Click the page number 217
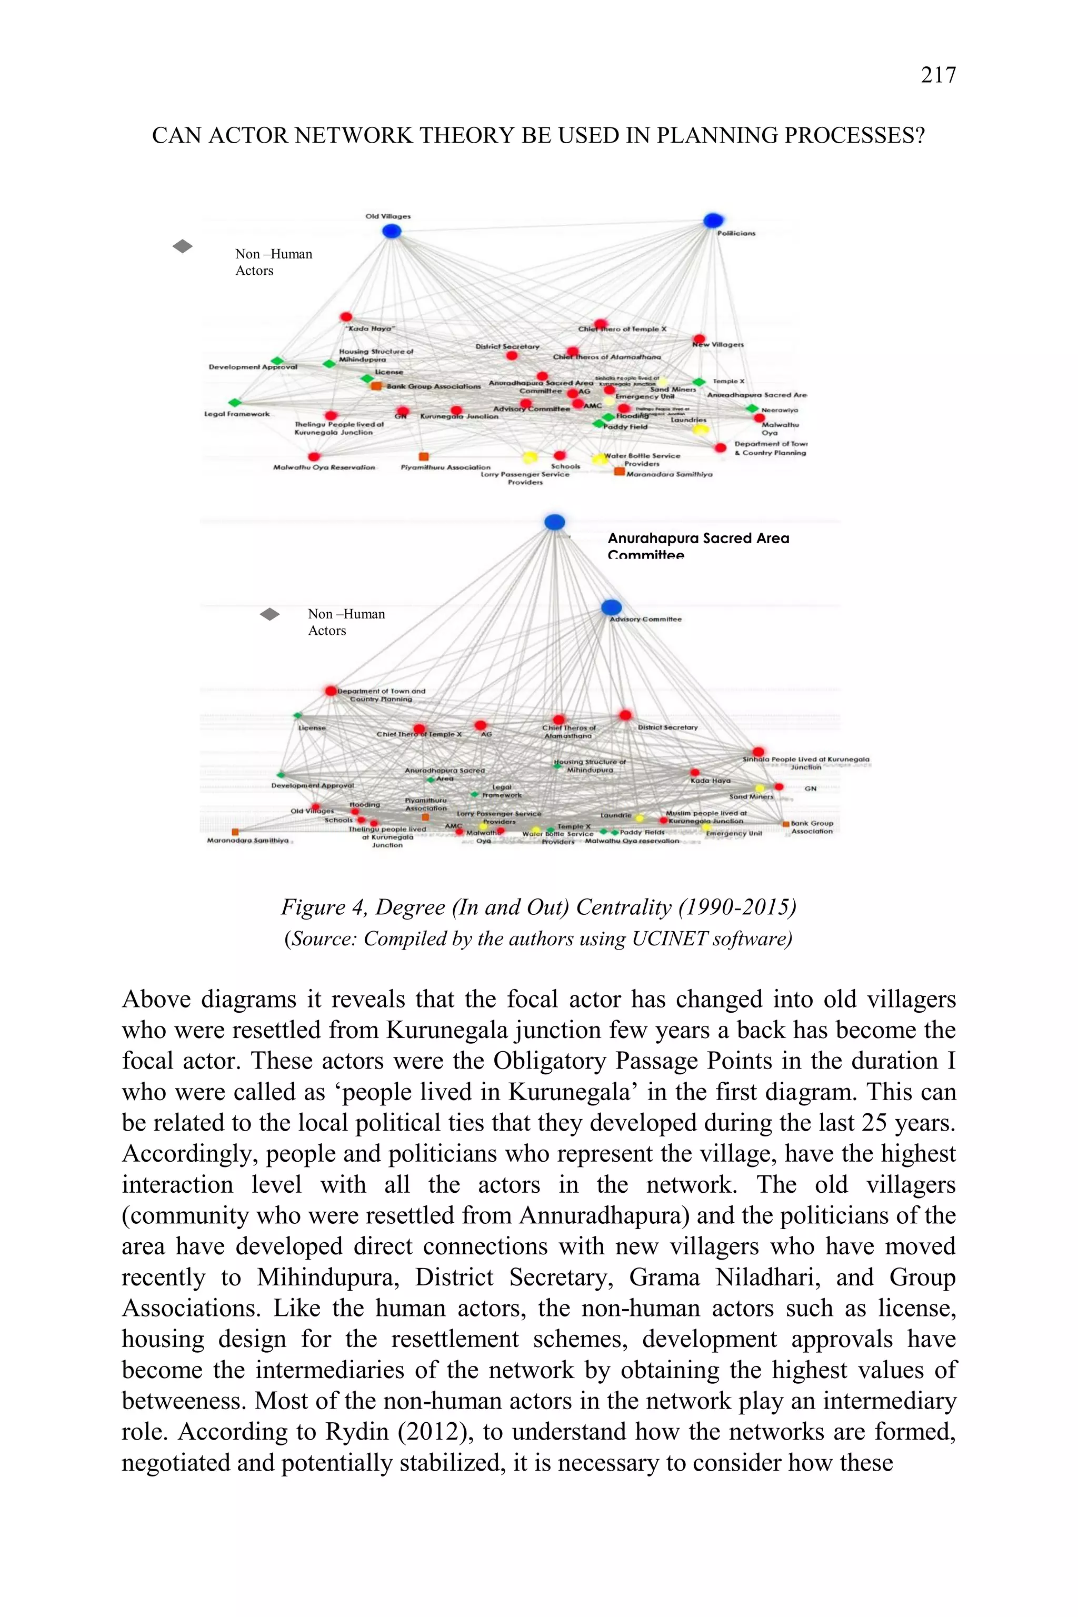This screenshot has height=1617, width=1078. point(938,74)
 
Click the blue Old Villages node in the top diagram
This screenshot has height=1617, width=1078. point(391,231)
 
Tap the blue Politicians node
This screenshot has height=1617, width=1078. point(713,221)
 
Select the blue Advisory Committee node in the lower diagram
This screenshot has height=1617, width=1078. point(611,607)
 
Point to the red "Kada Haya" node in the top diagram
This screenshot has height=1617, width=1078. point(346,317)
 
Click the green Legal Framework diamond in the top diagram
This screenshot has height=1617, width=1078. point(234,402)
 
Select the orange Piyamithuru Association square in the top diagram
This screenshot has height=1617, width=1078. point(424,456)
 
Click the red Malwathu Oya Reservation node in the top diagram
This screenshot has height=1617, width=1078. point(314,456)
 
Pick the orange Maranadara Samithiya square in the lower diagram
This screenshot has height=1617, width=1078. point(235,832)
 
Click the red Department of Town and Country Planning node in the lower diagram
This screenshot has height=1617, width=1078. point(331,690)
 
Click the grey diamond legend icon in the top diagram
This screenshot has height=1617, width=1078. point(182,246)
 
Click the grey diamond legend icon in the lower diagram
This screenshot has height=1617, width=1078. point(269,614)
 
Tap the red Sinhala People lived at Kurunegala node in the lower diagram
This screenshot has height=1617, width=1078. point(757,752)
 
